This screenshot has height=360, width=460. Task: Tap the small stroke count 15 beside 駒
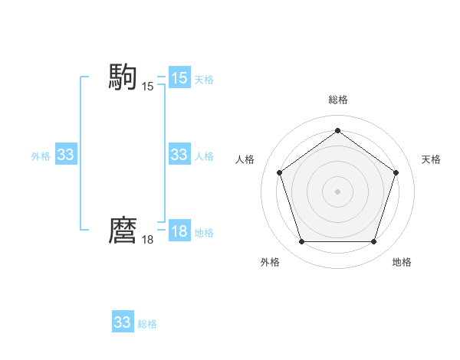tap(147, 87)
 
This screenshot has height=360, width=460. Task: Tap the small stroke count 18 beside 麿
tap(147, 240)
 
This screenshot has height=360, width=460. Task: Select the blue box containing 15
tap(179, 78)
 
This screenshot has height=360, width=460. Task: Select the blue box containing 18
tap(179, 231)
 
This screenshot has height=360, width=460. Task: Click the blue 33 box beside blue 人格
tap(179, 155)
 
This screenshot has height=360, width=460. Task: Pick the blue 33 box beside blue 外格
tap(66, 155)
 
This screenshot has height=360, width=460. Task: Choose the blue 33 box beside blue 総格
tap(123, 322)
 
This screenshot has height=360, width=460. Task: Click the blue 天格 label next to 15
tap(204, 80)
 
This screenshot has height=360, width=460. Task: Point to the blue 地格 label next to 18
tap(204, 233)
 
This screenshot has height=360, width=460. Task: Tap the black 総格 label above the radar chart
tap(337, 100)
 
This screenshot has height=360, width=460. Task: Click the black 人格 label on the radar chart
tap(245, 159)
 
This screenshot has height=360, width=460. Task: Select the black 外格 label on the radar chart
tap(270, 262)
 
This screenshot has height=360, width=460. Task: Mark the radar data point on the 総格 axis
tap(337, 131)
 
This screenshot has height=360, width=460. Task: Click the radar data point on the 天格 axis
tap(396, 172)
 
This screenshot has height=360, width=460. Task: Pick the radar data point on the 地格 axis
tap(373, 242)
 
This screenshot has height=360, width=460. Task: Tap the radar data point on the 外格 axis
tap(301, 242)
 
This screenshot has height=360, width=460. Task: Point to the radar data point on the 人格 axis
tap(279, 172)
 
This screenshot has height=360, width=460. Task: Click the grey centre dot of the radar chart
tap(337, 191)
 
